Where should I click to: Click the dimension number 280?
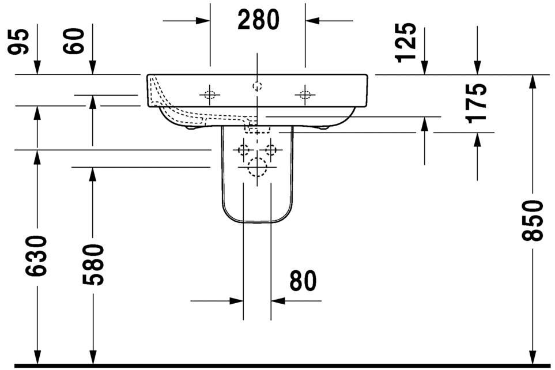(258, 21)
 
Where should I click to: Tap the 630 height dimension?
(37, 255)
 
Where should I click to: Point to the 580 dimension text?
(92, 265)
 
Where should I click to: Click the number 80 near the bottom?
(303, 281)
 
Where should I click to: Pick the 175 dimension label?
(477, 103)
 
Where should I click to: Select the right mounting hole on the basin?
(305, 95)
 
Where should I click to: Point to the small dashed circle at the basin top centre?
(257, 86)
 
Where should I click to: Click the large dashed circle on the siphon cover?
(257, 167)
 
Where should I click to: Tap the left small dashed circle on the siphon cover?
(244, 150)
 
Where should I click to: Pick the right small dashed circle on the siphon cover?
(271, 150)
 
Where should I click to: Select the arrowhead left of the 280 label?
(203, 21)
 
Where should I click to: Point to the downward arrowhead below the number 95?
(37, 68)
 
